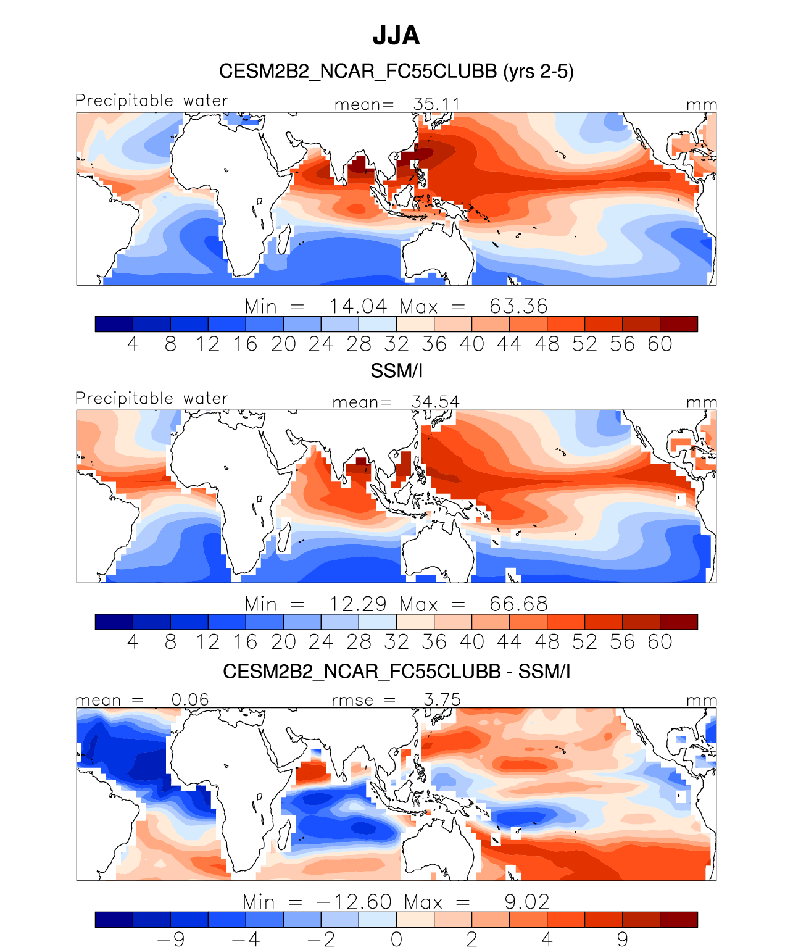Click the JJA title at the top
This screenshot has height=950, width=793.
396,36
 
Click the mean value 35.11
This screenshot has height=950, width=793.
436,104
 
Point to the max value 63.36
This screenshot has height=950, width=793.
518,306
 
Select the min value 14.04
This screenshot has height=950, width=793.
358,306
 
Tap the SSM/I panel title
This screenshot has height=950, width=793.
396,371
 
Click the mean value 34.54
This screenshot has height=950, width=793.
435,402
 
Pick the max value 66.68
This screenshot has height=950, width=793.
518,604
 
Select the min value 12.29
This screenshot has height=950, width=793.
358,604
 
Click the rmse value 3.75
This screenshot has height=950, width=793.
442,699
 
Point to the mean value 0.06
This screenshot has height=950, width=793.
190,699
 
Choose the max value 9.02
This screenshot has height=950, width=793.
526,902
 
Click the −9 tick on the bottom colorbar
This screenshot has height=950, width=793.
171,940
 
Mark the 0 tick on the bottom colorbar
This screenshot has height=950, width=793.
396,940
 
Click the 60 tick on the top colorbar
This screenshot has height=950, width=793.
660,344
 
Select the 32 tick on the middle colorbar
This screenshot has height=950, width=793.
396,642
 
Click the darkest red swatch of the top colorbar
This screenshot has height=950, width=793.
678,324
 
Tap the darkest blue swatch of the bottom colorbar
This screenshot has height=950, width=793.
114,920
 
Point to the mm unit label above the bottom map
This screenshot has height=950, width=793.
702,701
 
